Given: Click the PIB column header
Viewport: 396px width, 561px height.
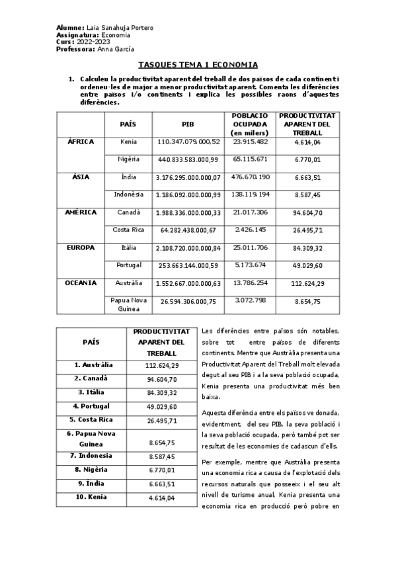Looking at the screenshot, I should point(188,124).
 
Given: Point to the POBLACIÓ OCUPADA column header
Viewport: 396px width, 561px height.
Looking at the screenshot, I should point(250,124).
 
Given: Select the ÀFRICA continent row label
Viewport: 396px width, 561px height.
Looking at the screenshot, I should point(81,142).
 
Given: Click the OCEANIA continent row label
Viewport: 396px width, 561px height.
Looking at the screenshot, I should point(81,283).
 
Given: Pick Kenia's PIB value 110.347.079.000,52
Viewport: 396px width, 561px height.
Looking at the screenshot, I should point(188,142).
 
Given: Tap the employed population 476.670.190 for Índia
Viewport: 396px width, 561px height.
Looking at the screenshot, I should point(250,177).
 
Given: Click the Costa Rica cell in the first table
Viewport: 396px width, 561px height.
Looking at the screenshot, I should point(128,230).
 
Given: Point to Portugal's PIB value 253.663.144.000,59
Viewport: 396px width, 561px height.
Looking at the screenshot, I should point(188,265).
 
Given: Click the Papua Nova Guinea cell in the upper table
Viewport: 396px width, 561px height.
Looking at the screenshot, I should point(128,305).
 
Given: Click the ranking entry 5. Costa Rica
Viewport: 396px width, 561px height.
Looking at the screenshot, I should point(91,419).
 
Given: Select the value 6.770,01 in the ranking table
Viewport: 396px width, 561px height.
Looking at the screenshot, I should point(161,470).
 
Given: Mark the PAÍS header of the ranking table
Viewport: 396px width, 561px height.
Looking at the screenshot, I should point(91,342).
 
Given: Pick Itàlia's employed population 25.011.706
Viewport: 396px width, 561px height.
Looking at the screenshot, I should point(250,248).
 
